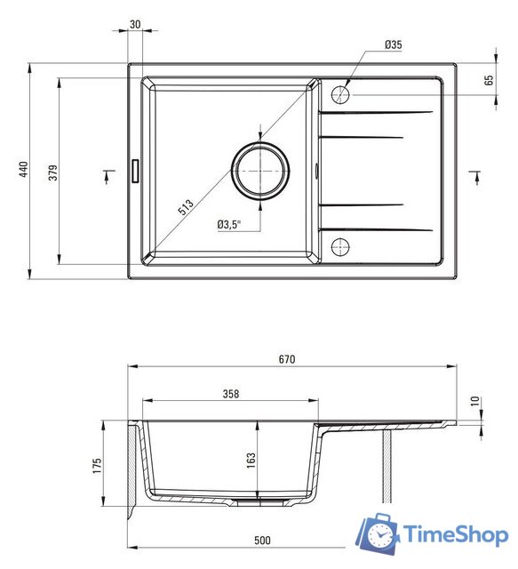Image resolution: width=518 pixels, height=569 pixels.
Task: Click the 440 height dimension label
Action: coord(24,170)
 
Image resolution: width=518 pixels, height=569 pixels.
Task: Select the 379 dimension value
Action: coord(53,172)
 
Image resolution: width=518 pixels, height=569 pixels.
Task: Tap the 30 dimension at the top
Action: coord(135,24)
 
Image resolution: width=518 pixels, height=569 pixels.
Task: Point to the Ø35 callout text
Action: coord(394,44)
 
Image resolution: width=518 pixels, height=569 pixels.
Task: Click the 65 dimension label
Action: coord(489,80)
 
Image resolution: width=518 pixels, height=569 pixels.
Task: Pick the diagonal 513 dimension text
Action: coord(186,207)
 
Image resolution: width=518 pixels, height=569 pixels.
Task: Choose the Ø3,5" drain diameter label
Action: coord(229,224)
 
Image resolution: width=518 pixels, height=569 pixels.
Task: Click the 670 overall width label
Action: coord(287,359)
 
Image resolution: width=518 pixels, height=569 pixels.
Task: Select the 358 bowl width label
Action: coord(231,394)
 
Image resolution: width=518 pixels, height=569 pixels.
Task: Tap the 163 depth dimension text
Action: coord(251,461)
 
